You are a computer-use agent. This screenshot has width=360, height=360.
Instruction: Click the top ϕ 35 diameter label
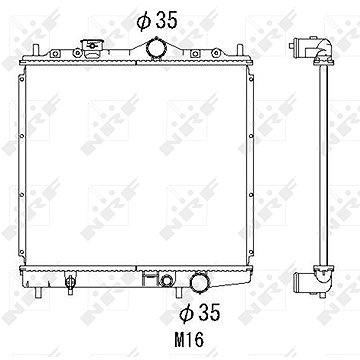[x=157, y=21]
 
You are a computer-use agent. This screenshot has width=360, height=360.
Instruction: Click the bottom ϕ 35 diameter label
[x=200, y=313]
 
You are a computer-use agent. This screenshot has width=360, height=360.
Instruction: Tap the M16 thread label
[x=189, y=340]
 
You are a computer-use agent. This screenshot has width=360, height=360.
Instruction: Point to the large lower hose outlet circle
[x=199, y=282]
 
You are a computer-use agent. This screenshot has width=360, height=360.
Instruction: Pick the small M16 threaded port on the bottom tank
[x=166, y=280]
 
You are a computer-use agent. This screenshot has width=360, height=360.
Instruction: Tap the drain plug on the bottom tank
[x=70, y=282]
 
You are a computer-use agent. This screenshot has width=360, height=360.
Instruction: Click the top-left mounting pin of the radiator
[x=36, y=50]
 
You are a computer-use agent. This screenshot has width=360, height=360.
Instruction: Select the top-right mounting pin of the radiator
[x=239, y=50]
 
